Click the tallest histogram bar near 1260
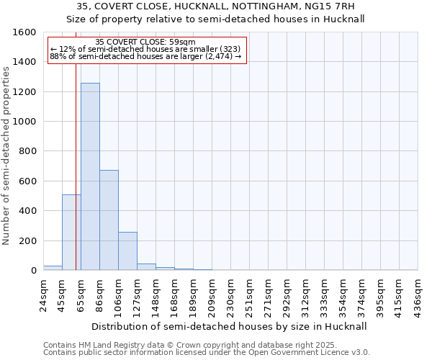point(90,176)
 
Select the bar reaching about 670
point(109,220)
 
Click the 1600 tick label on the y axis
point(24,32)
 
